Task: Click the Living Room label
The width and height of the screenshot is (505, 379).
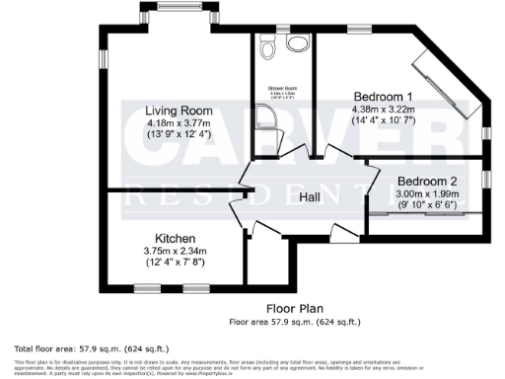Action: (178, 110)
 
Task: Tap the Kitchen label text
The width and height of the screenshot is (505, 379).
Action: (175, 239)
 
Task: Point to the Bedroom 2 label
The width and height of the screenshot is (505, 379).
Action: (426, 182)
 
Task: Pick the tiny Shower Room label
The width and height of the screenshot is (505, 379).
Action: (282, 89)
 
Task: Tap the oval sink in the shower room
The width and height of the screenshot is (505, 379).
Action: (295, 44)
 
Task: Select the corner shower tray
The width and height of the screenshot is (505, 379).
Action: (263, 121)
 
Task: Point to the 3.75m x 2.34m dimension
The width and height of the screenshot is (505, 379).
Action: (175, 251)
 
